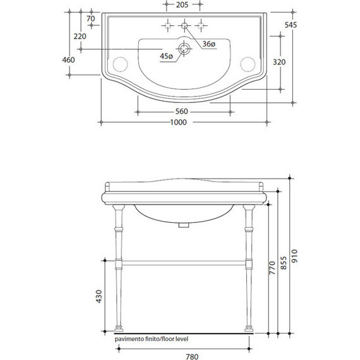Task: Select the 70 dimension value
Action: pos(91,20)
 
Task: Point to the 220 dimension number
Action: pos(80,37)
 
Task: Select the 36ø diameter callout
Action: pos(209,44)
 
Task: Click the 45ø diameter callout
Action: pos(167,57)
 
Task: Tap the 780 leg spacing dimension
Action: pos(183,356)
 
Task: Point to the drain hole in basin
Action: pos(184,49)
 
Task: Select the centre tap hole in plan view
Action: pos(184,26)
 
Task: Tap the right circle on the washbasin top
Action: pos(249,63)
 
